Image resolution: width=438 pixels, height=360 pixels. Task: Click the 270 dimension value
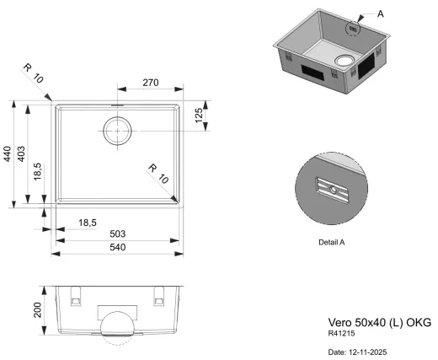[x=149, y=83]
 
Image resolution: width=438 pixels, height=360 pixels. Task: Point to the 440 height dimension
[x=8, y=153]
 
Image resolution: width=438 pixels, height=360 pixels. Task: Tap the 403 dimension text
[x=22, y=153]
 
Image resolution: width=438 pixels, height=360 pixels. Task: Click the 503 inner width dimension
[x=118, y=233]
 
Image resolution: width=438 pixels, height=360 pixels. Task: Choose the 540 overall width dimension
[x=118, y=247]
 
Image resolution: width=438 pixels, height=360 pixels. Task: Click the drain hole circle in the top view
[x=117, y=132]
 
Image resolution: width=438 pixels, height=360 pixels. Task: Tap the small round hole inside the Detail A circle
[x=335, y=190]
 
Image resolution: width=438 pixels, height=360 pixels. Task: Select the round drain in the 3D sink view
[x=345, y=59]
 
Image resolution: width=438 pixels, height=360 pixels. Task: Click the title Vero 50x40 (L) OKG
[x=378, y=323]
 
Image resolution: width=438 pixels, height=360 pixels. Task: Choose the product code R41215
[x=340, y=334]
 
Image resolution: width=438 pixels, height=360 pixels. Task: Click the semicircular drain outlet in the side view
[x=117, y=327]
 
